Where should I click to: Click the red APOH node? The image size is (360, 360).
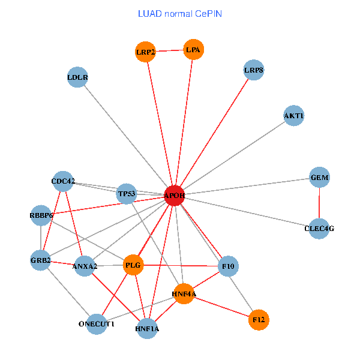pos(175,196)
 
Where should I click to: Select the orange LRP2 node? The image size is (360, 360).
pos(146,52)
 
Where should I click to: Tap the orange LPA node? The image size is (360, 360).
pos(193,50)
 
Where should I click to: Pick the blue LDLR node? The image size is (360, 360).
pos(77,77)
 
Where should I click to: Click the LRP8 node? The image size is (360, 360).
pos(254,71)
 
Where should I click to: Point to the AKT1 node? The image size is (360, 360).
pos(293,116)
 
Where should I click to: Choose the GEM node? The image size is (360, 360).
pos(319,178)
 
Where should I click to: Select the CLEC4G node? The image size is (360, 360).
pos(319,228)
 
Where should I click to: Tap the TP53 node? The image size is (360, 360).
pos(127,194)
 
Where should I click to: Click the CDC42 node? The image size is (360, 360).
pos(63,182)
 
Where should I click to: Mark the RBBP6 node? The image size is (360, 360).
pos(41,215)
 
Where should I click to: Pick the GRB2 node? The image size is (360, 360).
pos(40,260)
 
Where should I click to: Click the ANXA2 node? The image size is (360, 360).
pos(85,266)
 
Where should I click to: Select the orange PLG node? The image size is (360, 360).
pos(133,265)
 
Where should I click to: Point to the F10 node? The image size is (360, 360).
pos(228,266)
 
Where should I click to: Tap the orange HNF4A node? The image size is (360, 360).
pos(184,293)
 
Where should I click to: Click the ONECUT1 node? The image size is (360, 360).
pos(97,324)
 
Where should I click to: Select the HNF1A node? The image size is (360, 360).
pos(148,329)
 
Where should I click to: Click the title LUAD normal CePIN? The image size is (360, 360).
pos(180,13)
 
